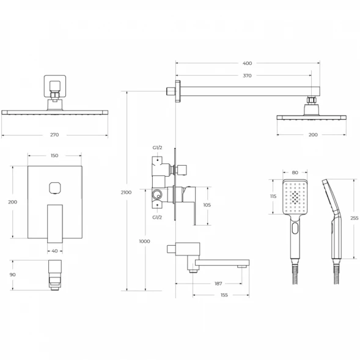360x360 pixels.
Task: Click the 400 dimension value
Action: (x=248, y=63)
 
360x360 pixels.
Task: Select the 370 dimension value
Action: (x=248, y=76)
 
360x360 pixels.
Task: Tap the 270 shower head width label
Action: (x=54, y=134)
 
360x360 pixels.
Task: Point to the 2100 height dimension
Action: (x=126, y=193)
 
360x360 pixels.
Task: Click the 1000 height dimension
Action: (x=144, y=241)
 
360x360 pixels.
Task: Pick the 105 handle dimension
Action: (x=207, y=205)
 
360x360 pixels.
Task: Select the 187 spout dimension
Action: (x=218, y=284)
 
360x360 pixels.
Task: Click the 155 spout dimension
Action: (x=224, y=295)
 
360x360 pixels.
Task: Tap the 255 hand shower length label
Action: (x=354, y=218)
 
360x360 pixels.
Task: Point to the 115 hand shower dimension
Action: (x=273, y=196)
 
